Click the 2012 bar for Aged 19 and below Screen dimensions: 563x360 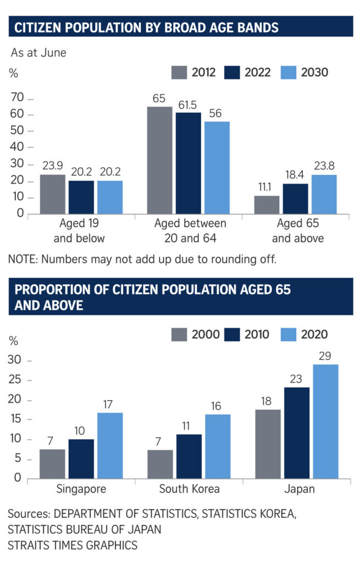[x=53, y=194]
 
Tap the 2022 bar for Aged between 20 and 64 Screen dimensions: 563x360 [x=188, y=163]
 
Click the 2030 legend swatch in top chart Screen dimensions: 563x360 [x=289, y=72]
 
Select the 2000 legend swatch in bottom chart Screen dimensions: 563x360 [x=179, y=334]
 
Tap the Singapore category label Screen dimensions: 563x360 [x=81, y=489]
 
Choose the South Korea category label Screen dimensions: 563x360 [x=189, y=489]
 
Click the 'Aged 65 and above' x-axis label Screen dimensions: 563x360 [x=297, y=231]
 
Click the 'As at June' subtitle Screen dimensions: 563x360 [x=38, y=53]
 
